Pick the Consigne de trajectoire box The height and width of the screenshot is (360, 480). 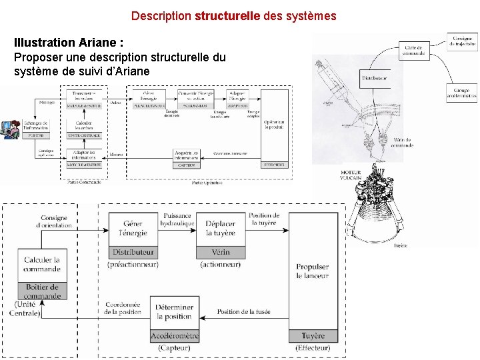462,41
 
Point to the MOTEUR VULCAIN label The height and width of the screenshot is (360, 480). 351,175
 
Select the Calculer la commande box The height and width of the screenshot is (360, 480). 41,264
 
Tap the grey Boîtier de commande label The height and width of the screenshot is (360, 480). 41,291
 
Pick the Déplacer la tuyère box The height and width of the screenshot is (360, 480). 220,229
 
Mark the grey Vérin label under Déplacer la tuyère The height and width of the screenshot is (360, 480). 220,253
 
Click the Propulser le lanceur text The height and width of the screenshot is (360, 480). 312,271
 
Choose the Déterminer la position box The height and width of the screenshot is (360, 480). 174,311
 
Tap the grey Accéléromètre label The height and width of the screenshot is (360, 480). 174,336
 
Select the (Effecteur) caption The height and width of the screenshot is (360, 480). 312,348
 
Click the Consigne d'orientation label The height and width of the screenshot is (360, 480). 54,222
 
